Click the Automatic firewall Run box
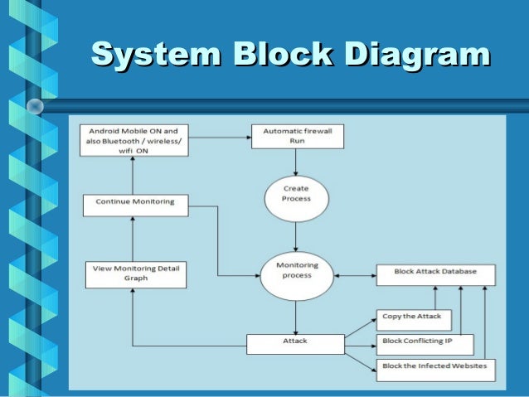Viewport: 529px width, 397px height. pos(297,136)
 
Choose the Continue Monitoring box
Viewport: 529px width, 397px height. pos(135,202)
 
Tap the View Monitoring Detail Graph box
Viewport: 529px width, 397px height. pos(135,273)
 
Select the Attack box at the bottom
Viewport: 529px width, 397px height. pos(295,342)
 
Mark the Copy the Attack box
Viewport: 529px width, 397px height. pos(412,317)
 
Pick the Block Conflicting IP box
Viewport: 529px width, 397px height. pos(425,342)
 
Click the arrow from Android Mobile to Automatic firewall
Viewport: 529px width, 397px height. pos(220,136)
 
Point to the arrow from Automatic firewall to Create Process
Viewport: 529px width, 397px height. pos(296,162)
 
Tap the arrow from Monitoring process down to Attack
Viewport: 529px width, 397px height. pos(296,317)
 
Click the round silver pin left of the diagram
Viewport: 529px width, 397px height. pos(35,105)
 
